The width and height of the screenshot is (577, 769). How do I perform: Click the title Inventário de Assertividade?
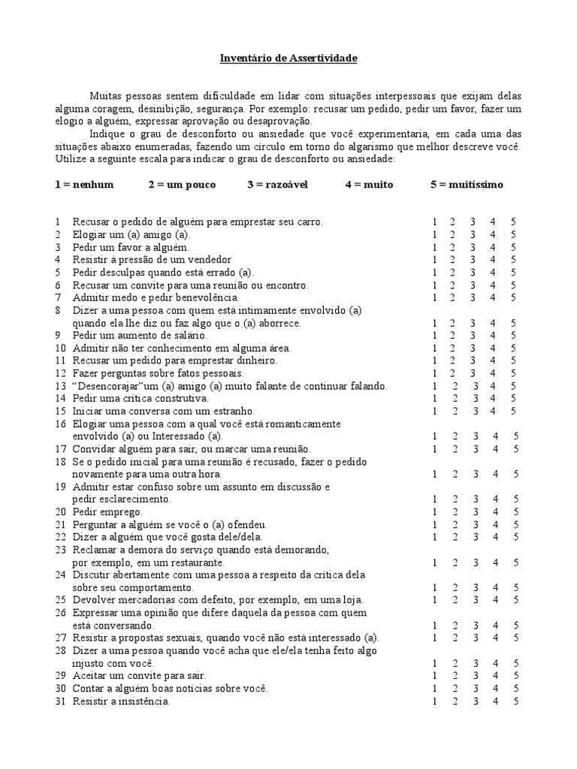pyautogui.click(x=288, y=57)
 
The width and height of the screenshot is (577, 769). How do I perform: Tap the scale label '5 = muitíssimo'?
pyautogui.click(x=467, y=184)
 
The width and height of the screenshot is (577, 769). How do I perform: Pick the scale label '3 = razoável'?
pyautogui.click(x=277, y=184)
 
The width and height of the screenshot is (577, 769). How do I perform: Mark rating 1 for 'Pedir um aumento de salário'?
pyautogui.click(x=434, y=336)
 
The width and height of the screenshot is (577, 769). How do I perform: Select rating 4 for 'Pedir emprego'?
pyautogui.click(x=494, y=511)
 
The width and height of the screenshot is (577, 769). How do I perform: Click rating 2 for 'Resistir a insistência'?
pyautogui.click(x=453, y=701)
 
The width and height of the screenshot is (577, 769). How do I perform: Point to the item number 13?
pyautogui.click(x=60, y=386)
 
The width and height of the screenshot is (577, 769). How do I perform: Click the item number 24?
pyautogui.click(x=60, y=574)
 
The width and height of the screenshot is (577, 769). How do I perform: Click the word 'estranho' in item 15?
pyautogui.click(x=234, y=412)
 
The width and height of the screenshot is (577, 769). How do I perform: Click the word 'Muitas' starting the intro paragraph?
pyautogui.click(x=105, y=96)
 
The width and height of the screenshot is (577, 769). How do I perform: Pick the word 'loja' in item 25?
pyautogui.click(x=352, y=600)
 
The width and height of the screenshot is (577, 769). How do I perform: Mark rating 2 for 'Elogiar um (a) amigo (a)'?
pyautogui.click(x=453, y=234)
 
